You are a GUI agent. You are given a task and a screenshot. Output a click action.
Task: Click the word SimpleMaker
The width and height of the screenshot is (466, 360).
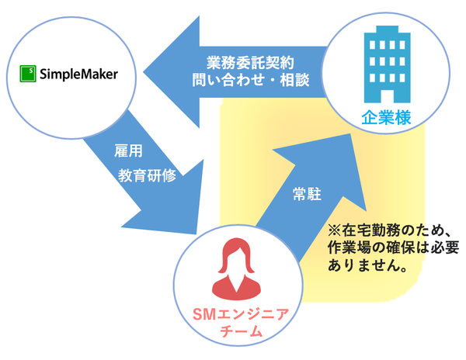tap(77, 74)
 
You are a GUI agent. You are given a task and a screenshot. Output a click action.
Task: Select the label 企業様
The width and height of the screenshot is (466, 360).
tap(385, 118)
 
